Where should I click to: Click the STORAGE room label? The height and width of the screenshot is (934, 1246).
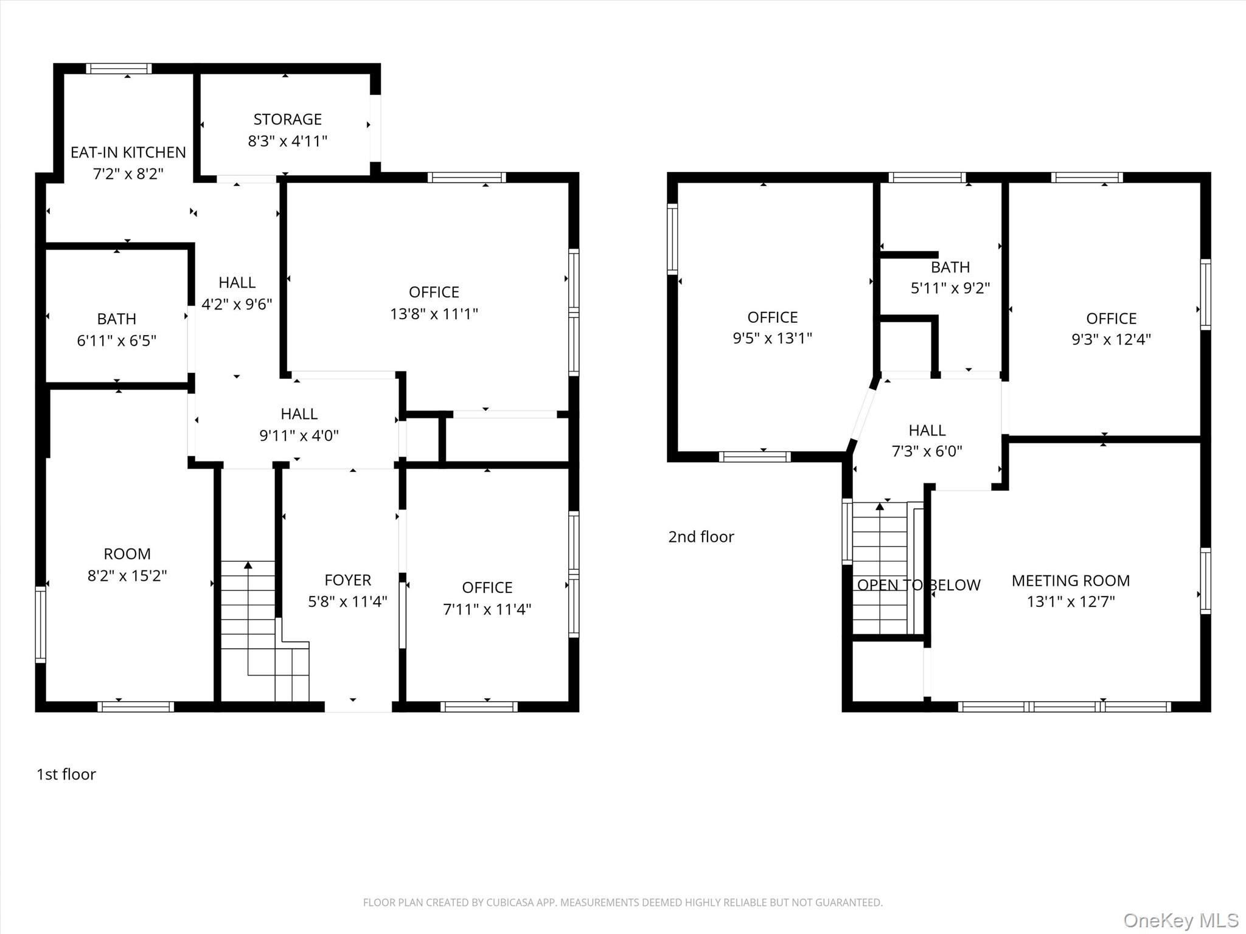coord(287,119)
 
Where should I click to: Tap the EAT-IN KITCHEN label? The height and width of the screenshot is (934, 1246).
coord(128,152)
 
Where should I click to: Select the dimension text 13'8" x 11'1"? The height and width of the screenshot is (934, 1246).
coord(434,314)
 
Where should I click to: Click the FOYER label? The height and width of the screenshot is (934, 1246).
coord(347,580)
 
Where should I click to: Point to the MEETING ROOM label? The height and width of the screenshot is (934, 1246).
coord(1071,581)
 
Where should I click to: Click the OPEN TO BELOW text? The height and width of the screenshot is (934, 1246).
coord(919,585)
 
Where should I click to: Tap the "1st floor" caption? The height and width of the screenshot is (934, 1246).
coord(66,774)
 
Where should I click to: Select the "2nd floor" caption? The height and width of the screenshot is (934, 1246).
coord(701,536)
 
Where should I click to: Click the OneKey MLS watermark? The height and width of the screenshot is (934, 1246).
coord(1181,920)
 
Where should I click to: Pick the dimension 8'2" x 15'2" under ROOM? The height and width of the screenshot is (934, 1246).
coord(127,575)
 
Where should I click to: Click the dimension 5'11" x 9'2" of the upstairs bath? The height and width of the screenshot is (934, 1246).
coord(950,288)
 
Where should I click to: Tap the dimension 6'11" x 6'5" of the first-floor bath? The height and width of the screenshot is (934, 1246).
coord(117,341)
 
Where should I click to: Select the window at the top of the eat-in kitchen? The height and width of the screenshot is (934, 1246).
coord(119,68)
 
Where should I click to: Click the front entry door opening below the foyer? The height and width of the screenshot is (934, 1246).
coord(358,707)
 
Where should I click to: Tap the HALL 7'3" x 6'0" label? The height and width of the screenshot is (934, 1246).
coord(927,441)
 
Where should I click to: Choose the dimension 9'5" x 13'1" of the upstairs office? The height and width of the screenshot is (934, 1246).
coord(773,338)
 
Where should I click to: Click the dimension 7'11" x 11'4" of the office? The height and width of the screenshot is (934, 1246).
coord(487,609)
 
